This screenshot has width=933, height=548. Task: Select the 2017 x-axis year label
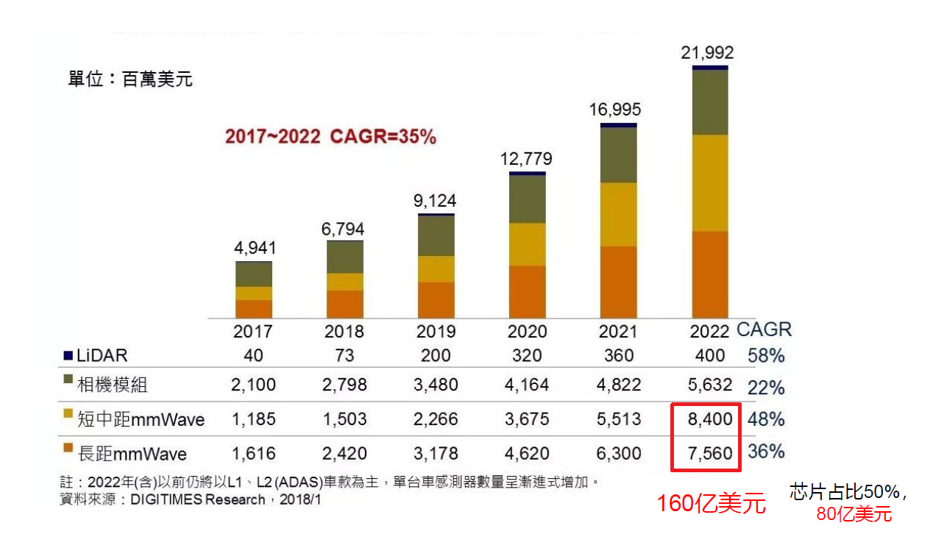click(253, 331)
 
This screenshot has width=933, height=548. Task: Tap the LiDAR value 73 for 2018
click(344, 355)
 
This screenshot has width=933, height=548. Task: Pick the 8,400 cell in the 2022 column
click(709, 419)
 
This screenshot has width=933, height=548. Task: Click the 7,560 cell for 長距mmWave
click(709, 454)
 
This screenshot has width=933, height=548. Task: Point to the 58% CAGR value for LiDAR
click(766, 356)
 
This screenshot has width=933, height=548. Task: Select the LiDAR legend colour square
click(68, 355)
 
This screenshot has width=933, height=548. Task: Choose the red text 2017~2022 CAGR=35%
click(330, 137)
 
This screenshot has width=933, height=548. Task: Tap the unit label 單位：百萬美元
click(130, 79)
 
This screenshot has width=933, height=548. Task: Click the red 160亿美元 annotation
click(711, 504)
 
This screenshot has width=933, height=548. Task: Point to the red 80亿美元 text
click(854, 514)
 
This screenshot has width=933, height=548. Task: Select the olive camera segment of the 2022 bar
click(709, 102)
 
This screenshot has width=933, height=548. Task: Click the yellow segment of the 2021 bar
click(618, 214)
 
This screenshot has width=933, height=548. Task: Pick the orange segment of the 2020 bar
click(527, 291)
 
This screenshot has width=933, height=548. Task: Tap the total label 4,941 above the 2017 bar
click(255, 248)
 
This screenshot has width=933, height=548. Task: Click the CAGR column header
click(764, 330)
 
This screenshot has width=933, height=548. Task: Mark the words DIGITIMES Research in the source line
click(197, 500)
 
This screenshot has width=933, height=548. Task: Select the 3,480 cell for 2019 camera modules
click(436, 385)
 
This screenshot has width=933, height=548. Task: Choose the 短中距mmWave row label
click(141, 419)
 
